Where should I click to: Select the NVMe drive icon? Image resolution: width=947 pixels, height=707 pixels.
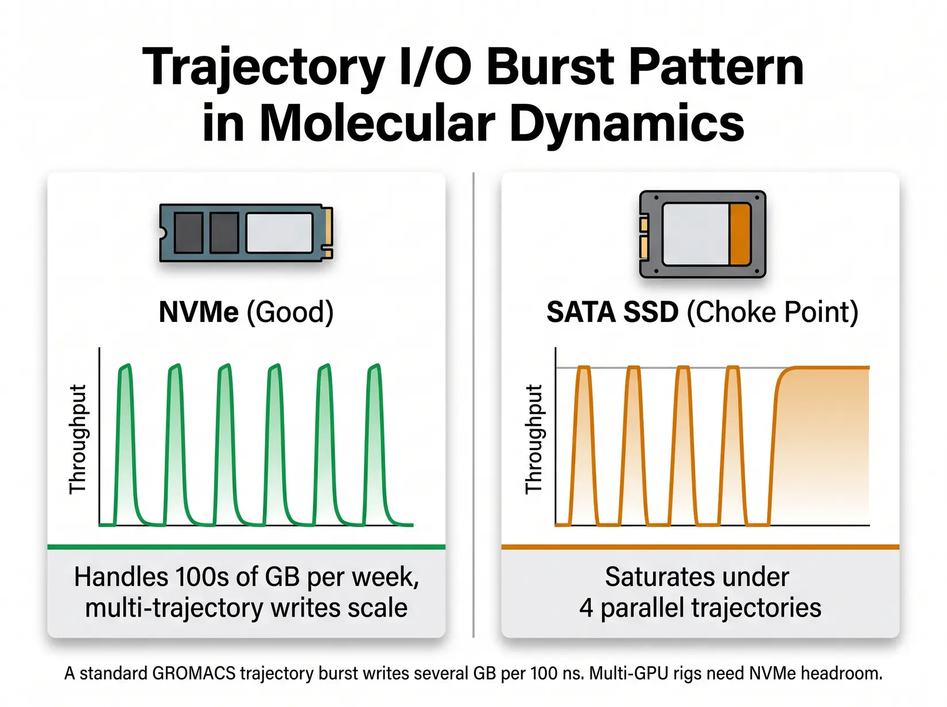[246, 232]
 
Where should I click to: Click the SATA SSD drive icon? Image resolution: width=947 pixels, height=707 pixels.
[702, 234]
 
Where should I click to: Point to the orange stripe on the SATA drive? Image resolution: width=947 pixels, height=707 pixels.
[740, 234]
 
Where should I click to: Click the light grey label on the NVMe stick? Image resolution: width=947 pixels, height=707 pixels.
[280, 232]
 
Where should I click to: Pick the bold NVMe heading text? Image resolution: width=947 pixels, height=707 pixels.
[199, 312]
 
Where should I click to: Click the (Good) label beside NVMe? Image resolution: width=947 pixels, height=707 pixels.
[290, 312]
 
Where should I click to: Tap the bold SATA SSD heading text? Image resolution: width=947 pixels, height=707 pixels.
[612, 312]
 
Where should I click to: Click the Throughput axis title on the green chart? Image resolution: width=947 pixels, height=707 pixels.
[77, 439]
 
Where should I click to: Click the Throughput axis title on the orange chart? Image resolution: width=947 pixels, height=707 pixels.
[534, 439]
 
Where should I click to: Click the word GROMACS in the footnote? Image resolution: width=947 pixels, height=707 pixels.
[193, 673]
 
